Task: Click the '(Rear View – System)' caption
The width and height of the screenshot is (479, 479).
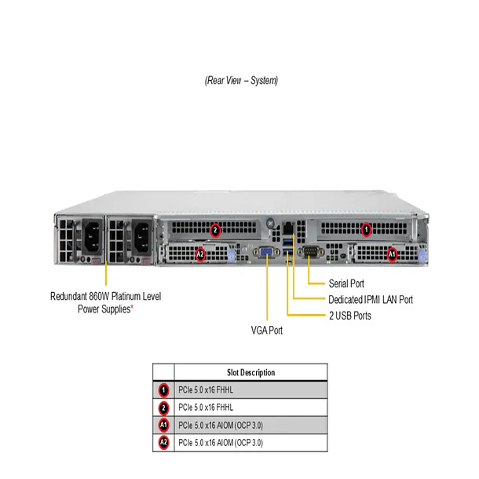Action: click(x=241, y=81)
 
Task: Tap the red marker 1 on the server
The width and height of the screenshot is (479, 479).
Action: click(x=365, y=229)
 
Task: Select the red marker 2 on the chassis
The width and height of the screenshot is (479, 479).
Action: click(x=215, y=229)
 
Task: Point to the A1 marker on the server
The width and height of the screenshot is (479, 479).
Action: click(x=393, y=254)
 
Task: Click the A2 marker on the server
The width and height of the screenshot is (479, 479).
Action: click(x=200, y=254)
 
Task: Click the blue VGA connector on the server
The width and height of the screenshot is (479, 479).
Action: click(x=266, y=252)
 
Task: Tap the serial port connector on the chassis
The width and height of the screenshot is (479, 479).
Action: click(x=309, y=252)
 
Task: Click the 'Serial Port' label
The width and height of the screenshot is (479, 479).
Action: click(x=346, y=283)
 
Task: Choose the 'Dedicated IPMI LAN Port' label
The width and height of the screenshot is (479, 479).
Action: click(x=370, y=299)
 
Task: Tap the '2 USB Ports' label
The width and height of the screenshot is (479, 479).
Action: click(x=350, y=316)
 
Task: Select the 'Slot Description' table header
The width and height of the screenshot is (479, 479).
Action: click(x=250, y=372)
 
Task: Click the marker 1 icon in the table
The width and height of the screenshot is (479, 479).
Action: click(x=163, y=389)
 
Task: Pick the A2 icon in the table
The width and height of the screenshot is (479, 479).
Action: click(x=163, y=443)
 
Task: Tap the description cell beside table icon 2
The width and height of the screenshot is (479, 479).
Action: click(x=250, y=408)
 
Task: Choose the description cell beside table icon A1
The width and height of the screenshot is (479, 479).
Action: click(x=250, y=425)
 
